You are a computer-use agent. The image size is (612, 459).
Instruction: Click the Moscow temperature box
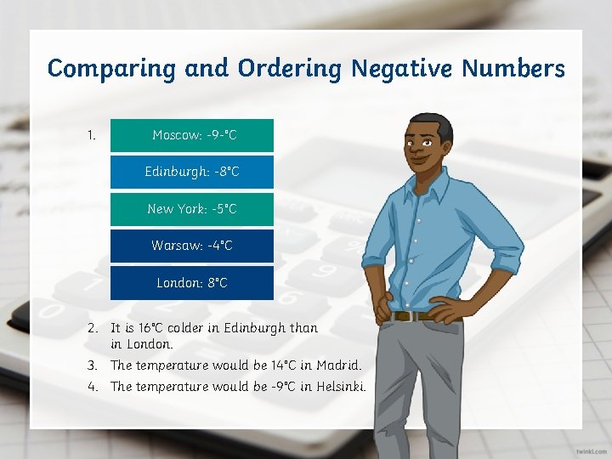click(x=192, y=135)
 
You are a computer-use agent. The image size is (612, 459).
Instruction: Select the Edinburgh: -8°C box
click(x=192, y=172)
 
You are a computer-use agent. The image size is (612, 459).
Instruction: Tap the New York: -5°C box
click(x=192, y=209)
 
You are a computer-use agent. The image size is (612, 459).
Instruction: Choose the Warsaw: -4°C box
click(x=192, y=246)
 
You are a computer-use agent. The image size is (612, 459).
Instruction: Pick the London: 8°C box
click(x=192, y=282)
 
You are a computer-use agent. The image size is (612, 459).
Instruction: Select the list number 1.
click(x=92, y=134)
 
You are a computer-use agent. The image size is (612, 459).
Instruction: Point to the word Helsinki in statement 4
click(x=340, y=387)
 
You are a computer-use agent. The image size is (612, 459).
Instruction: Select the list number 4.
click(x=92, y=387)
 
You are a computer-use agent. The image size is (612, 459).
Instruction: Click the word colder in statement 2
click(x=197, y=328)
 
